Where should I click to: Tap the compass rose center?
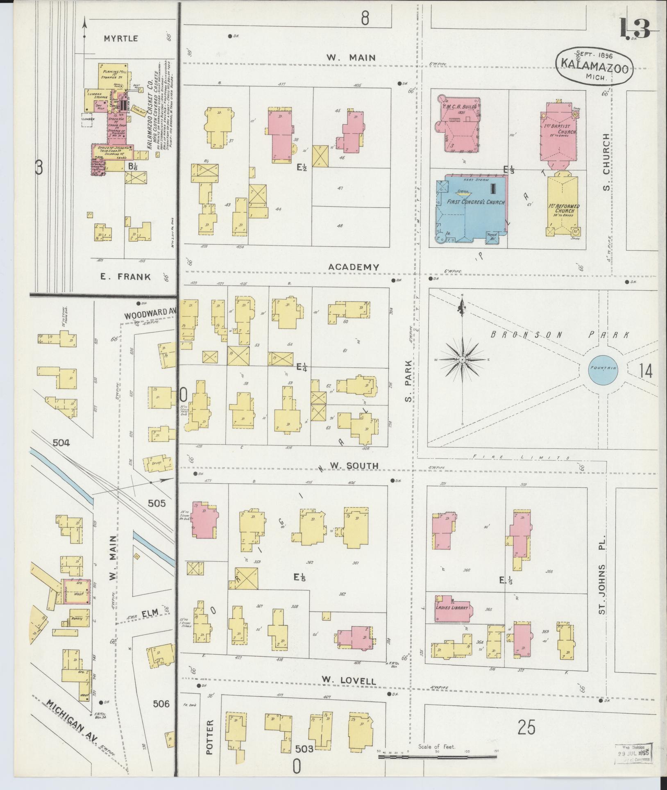click(462, 360)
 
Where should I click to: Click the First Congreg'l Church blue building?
click(471, 209)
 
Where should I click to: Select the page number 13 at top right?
click(635, 29)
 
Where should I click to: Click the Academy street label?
click(354, 267)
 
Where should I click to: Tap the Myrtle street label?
click(120, 39)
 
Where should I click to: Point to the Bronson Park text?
click(559, 335)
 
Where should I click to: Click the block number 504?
click(61, 443)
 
